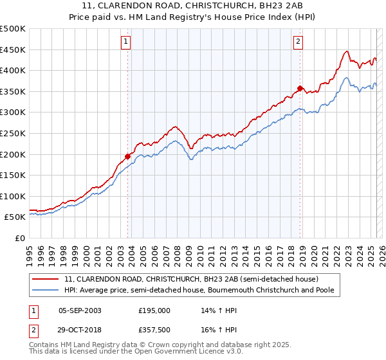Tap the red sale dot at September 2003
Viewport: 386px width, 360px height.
click(x=127, y=156)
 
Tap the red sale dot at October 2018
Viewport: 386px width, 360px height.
click(x=300, y=87)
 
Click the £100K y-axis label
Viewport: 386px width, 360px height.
click(x=13, y=196)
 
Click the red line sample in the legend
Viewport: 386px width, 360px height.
click(x=46, y=279)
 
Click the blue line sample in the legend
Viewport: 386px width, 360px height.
click(x=46, y=291)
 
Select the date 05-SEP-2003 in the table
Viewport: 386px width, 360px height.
click(x=80, y=310)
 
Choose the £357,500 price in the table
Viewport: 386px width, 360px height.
click(x=154, y=329)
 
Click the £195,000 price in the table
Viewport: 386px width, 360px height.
click(x=154, y=310)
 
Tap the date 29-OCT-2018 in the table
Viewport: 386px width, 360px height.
click(x=80, y=329)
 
